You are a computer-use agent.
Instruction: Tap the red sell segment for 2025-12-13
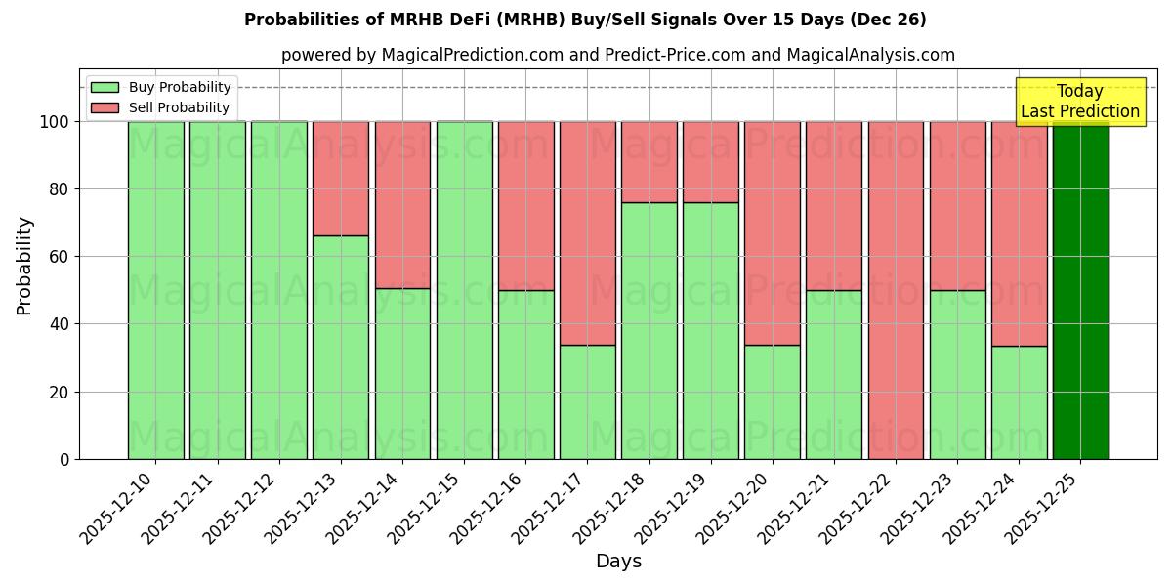tap(341, 178)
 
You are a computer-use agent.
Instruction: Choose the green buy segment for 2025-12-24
tap(1019, 402)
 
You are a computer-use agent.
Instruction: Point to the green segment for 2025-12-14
tap(402, 373)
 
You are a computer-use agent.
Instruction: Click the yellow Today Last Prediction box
tap(1079, 102)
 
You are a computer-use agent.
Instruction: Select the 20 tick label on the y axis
tap(60, 392)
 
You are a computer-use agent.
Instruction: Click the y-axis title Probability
tap(24, 265)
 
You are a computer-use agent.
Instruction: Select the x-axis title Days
tap(618, 562)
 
